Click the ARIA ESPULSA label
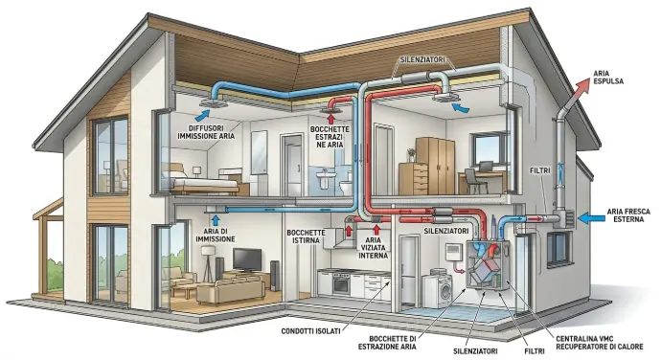point(608,78)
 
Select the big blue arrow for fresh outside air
point(591,218)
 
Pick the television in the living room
point(247,260)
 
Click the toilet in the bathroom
point(346,186)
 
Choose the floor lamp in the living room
point(208,262)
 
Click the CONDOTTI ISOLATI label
point(310,331)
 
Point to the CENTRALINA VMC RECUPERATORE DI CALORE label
point(600,343)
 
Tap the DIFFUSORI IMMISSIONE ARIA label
point(206,132)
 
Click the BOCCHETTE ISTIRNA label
point(306,236)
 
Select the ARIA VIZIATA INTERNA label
point(373,247)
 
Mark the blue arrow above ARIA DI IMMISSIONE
point(216,220)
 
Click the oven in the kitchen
point(341,283)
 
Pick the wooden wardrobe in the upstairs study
point(435,166)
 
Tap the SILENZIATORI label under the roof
point(422,60)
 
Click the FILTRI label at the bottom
point(535,350)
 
